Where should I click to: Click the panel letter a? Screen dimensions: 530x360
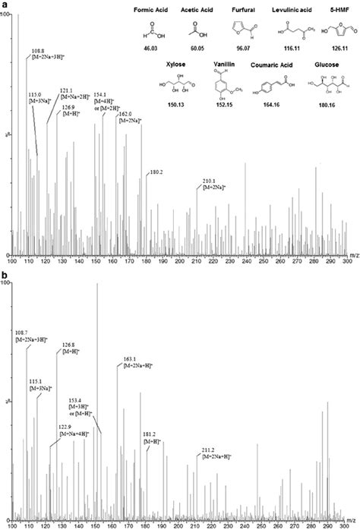(x=4, y=4)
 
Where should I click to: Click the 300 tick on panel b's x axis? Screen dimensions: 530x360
(x=346, y=524)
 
